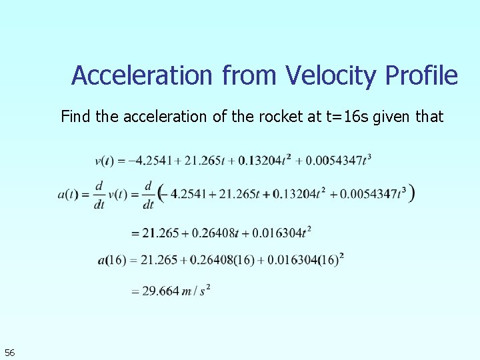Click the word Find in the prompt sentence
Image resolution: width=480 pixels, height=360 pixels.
tap(76, 117)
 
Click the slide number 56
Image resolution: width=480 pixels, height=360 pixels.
tap(9, 352)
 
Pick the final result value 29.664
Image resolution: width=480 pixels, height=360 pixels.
tap(161, 291)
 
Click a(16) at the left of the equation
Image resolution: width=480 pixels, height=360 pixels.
tap(111, 261)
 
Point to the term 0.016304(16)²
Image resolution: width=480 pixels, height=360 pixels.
tap(306, 260)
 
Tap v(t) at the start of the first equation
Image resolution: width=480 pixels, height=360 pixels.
tap(105, 160)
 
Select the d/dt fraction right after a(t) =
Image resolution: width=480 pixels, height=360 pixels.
tap(99, 195)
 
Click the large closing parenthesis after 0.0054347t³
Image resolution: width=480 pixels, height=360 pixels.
tap(413, 193)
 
